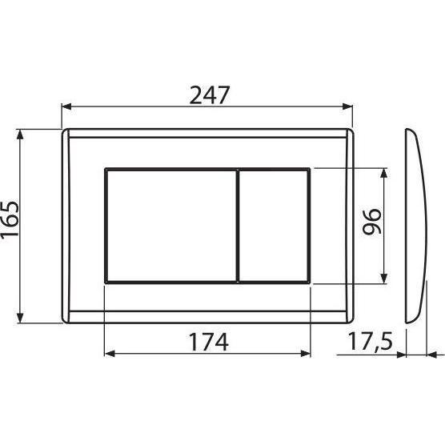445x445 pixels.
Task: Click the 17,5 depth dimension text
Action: point(370,342)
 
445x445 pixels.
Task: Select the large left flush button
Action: point(170,226)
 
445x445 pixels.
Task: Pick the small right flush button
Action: point(275,226)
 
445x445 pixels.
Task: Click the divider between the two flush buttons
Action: point(238,226)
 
